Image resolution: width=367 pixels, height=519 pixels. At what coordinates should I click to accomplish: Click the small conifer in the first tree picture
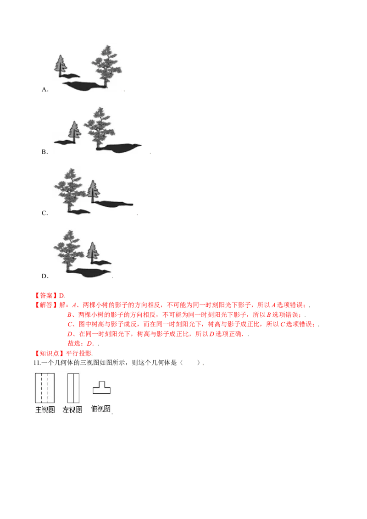tap(60, 64)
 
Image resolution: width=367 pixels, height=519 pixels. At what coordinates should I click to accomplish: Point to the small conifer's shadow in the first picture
tap(69, 75)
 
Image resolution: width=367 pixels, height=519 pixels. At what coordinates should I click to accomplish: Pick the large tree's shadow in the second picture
tap(122, 147)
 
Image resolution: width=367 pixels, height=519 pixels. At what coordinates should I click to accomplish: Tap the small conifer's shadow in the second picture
tap(63, 142)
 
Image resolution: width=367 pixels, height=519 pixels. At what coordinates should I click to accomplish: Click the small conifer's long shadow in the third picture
tap(112, 203)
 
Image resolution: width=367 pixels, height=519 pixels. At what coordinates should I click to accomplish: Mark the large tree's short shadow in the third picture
tap(79, 212)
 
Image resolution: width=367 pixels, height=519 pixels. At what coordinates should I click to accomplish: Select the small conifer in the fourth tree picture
tap(93, 251)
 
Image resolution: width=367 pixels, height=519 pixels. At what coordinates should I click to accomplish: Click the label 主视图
tap(45, 409)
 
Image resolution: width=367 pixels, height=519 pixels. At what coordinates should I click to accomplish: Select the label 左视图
tap(72, 409)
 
